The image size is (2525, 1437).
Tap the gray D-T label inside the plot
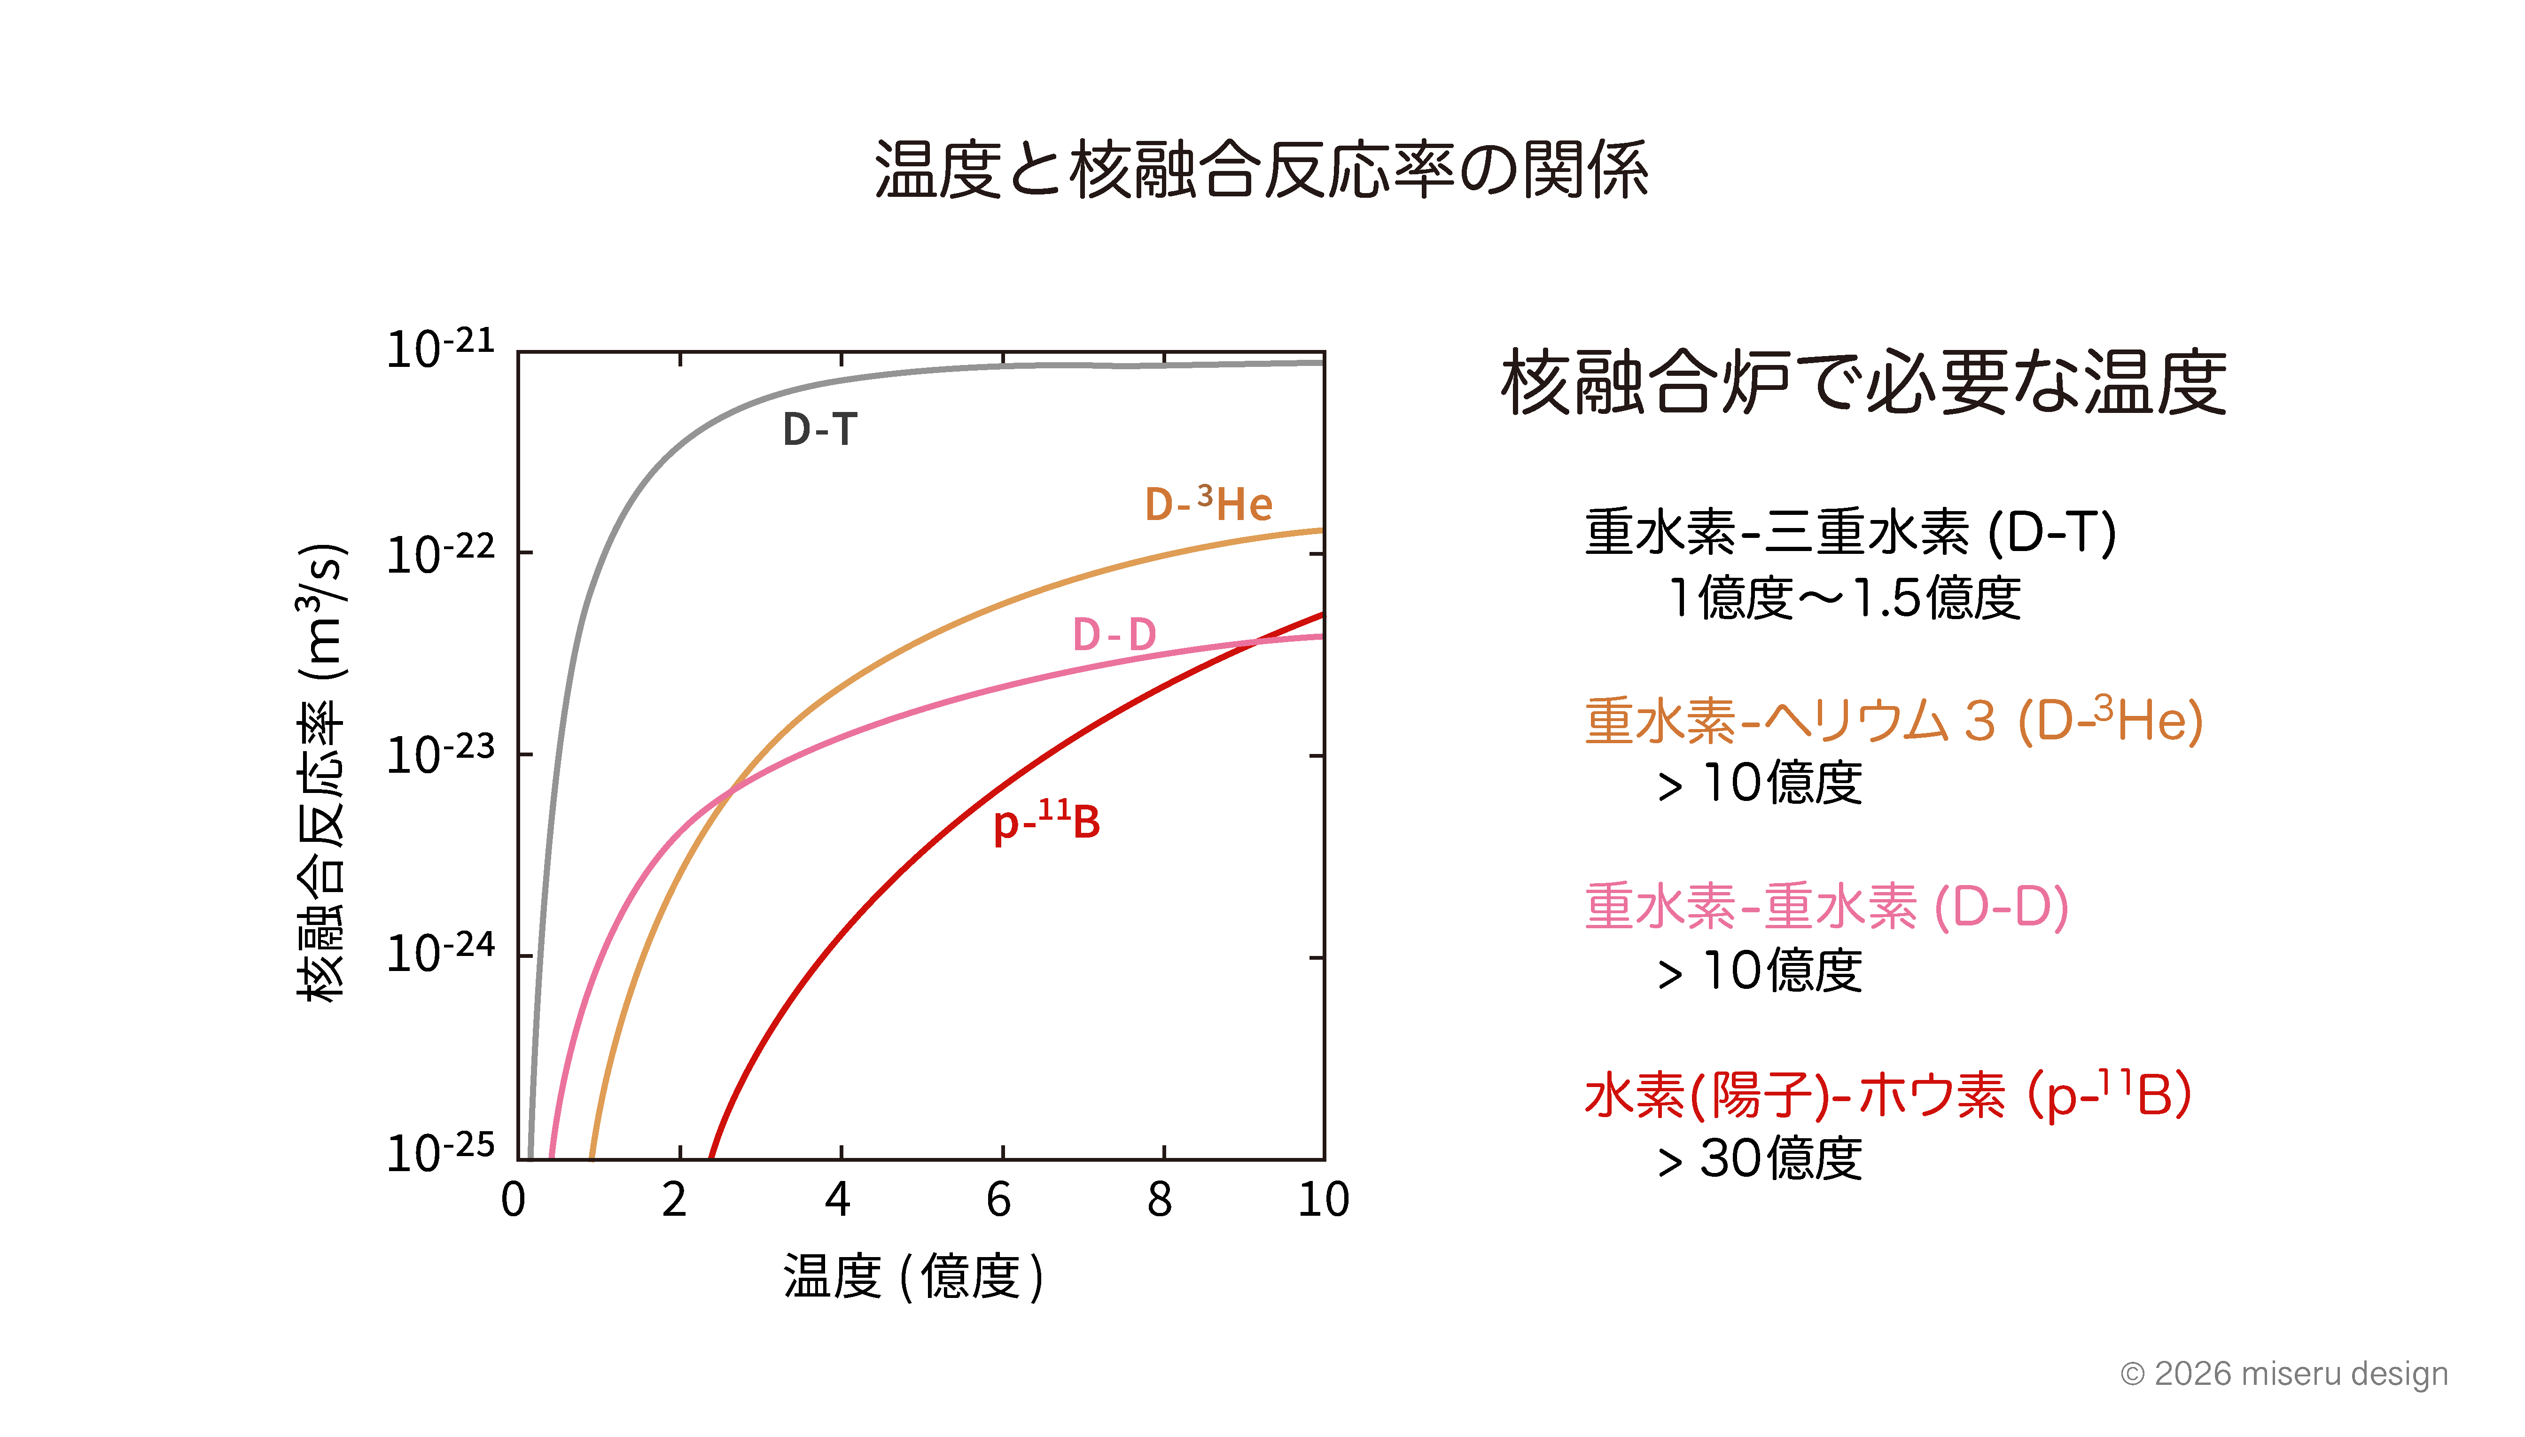pyautogui.click(x=819, y=429)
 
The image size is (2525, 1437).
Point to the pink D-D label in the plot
pyautogui.click(x=1114, y=635)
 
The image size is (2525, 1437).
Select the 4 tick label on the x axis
pyautogui.click(x=838, y=1199)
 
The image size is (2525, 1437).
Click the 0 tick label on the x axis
pyautogui.click(x=513, y=1199)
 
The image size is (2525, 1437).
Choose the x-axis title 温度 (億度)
pyautogui.click(x=913, y=1276)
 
